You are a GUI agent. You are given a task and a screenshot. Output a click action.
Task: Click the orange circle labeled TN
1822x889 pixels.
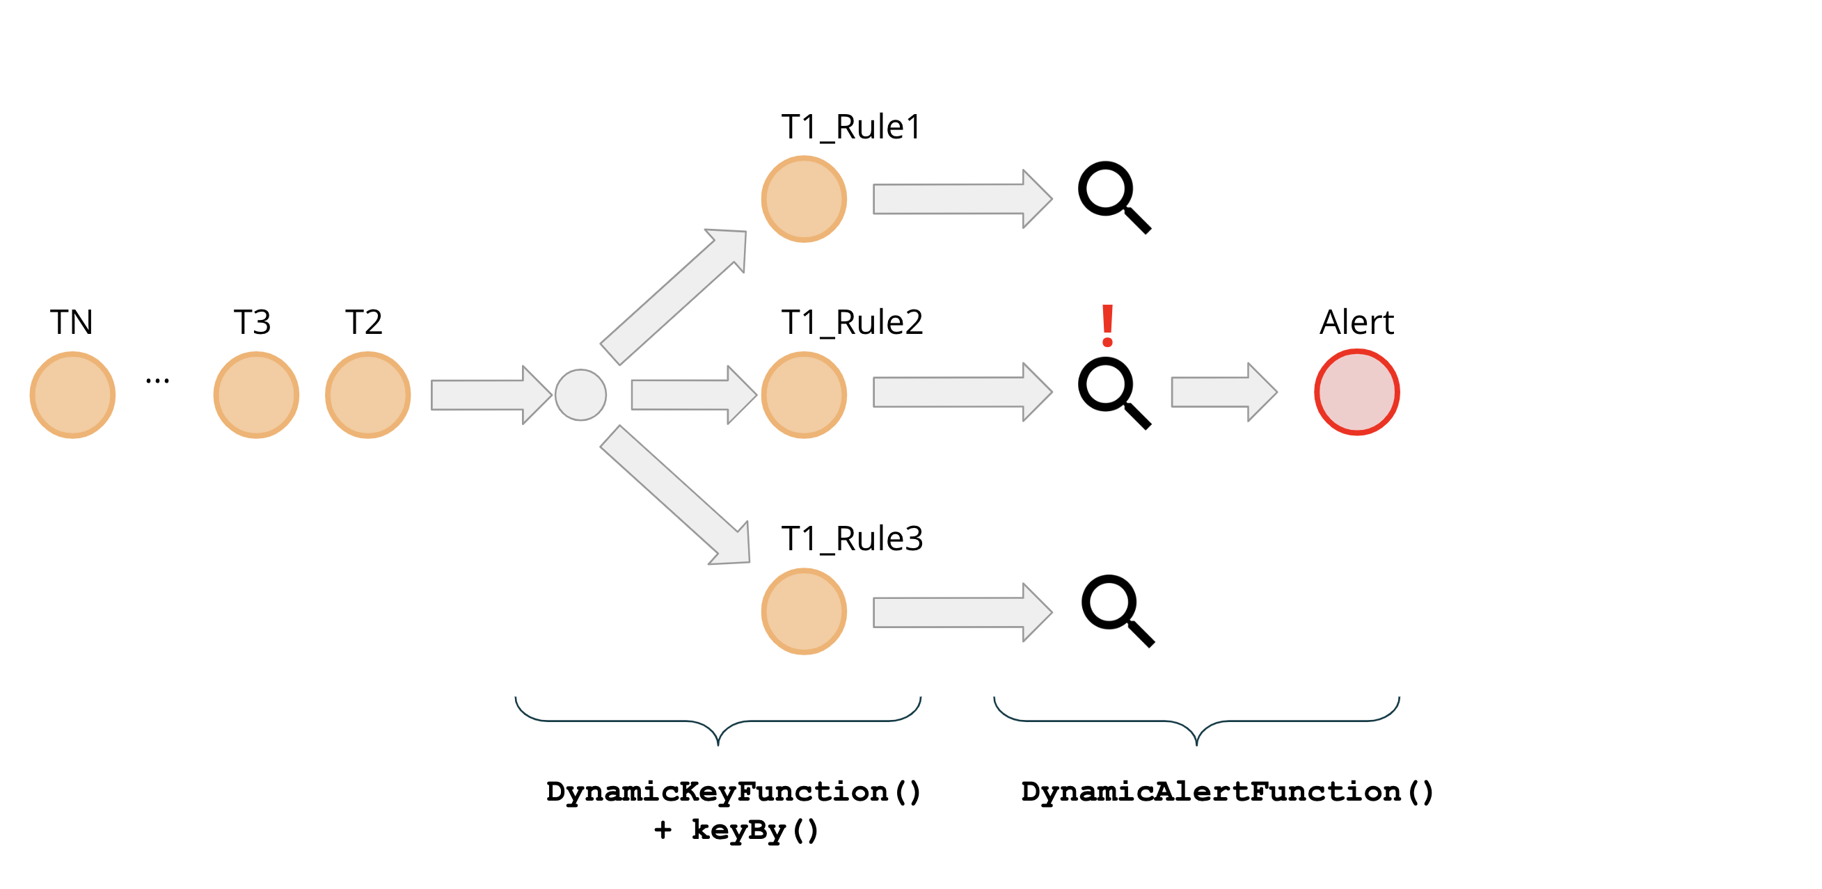[x=73, y=394]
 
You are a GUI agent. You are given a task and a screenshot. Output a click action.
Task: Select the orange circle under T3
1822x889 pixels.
[x=256, y=394]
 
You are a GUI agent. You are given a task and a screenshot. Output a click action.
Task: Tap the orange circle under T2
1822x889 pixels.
[x=367, y=394]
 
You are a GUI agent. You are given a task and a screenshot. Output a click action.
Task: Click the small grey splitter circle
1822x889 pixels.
[x=580, y=394]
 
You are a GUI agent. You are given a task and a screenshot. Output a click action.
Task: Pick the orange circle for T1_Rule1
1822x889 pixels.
[x=805, y=199]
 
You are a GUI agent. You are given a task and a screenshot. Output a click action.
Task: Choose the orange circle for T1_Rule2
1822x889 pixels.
[x=805, y=394]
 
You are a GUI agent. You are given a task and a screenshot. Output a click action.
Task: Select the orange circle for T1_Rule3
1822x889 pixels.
[x=805, y=611]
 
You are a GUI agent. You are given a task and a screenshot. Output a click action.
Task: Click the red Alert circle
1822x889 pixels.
[x=1356, y=392]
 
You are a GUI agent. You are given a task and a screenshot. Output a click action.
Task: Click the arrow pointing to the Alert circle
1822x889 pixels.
[x=1223, y=392]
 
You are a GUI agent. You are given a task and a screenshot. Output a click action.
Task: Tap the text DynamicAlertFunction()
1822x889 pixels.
[x=1227, y=792]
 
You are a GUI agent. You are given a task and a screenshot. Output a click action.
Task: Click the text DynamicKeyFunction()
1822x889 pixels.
[x=734, y=792]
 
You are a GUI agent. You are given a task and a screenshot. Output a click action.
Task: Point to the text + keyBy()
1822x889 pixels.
[x=736, y=830]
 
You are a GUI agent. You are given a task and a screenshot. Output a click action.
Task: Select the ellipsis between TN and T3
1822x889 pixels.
[x=157, y=381]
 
